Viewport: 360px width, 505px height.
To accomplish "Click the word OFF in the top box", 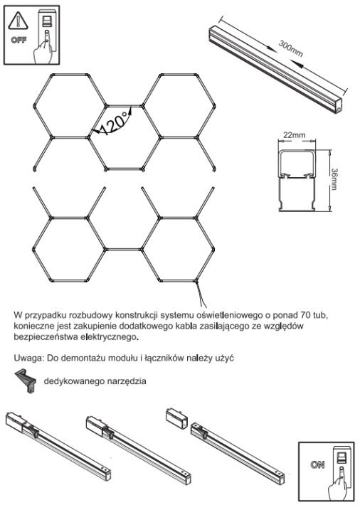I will pos(18,39).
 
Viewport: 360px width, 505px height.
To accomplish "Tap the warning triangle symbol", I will pos(18,20).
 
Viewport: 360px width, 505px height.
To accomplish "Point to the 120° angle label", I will pos(114,123).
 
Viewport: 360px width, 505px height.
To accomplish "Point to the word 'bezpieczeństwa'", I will pos(47,336).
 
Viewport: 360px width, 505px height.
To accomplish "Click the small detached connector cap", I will pos(173,414).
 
